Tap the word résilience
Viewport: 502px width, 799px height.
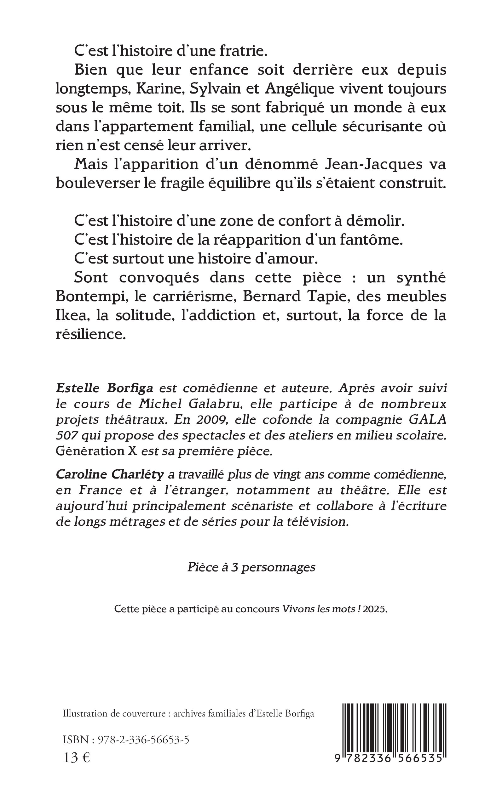[91, 334]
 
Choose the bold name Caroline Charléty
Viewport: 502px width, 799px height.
[110, 475]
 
